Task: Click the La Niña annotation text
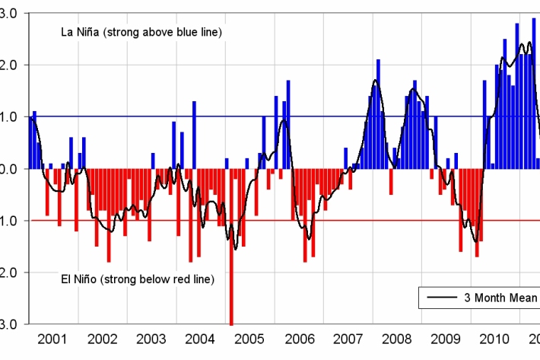141,32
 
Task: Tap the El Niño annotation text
137,279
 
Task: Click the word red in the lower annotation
180,279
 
